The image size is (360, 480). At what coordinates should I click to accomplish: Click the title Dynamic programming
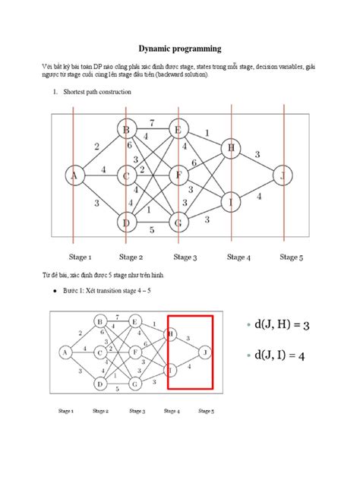pyautogui.click(x=179, y=49)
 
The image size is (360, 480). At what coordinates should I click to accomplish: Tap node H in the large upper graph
pyautogui.click(x=230, y=148)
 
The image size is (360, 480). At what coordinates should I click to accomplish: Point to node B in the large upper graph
pyautogui.click(x=126, y=130)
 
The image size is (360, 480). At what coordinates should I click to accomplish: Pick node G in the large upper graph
pyautogui.click(x=179, y=222)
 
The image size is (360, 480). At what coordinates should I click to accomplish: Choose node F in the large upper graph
pyautogui.click(x=179, y=176)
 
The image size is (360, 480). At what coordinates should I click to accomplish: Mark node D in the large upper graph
pyautogui.click(x=126, y=222)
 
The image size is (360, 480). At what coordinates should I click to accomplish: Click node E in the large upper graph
pyautogui.click(x=179, y=130)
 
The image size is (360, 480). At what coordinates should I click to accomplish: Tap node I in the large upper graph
pyautogui.click(x=230, y=201)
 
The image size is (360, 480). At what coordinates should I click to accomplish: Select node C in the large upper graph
pyautogui.click(x=126, y=177)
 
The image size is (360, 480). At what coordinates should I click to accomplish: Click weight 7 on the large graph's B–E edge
pyautogui.click(x=152, y=122)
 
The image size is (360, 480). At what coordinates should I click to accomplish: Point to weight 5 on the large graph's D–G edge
pyautogui.click(x=152, y=229)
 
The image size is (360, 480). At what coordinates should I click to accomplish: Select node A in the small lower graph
pyautogui.click(x=65, y=352)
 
